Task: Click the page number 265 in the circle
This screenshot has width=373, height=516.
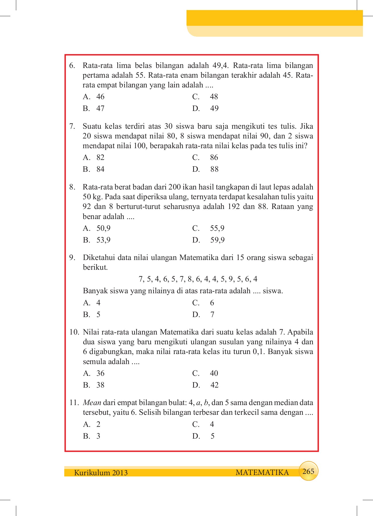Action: click(x=308, y=471)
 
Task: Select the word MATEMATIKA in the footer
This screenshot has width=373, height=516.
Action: click(x=262, y=473)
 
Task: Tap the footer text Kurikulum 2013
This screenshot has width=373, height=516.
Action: click(x=101, y=473)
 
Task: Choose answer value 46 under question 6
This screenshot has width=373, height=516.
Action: click(x=100, y=97)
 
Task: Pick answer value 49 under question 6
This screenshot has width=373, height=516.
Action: click(x=214, y=109)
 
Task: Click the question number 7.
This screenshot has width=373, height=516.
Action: click(x=72, y=126)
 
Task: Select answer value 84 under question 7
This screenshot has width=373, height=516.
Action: click(x=100, y=169)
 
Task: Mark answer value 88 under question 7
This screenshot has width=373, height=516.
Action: click(x=214, y=169)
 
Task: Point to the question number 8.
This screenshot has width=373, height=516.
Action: click(x=72, y=187)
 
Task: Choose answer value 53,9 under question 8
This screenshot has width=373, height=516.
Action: click(x=103, y=240)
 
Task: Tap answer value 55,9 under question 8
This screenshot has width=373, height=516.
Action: click(x=217, y=228)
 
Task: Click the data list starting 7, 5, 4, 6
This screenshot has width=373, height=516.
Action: click(x=198, y=279)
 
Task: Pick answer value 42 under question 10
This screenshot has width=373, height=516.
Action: click(x=214, y=385)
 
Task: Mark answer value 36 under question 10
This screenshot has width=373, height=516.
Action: click(x=100, y=374)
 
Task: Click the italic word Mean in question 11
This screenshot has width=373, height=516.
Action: click(x=92, y=403)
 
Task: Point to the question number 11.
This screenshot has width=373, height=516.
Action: click(x=74, y=403)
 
